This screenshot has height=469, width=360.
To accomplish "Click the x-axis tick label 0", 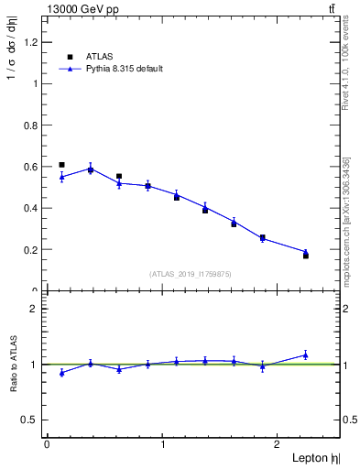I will point(47,444).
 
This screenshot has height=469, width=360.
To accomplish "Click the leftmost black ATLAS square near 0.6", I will point(61,165).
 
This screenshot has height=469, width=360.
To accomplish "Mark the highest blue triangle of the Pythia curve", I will point(90,169).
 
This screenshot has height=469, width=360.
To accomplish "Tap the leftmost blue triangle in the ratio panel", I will point(61,372).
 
